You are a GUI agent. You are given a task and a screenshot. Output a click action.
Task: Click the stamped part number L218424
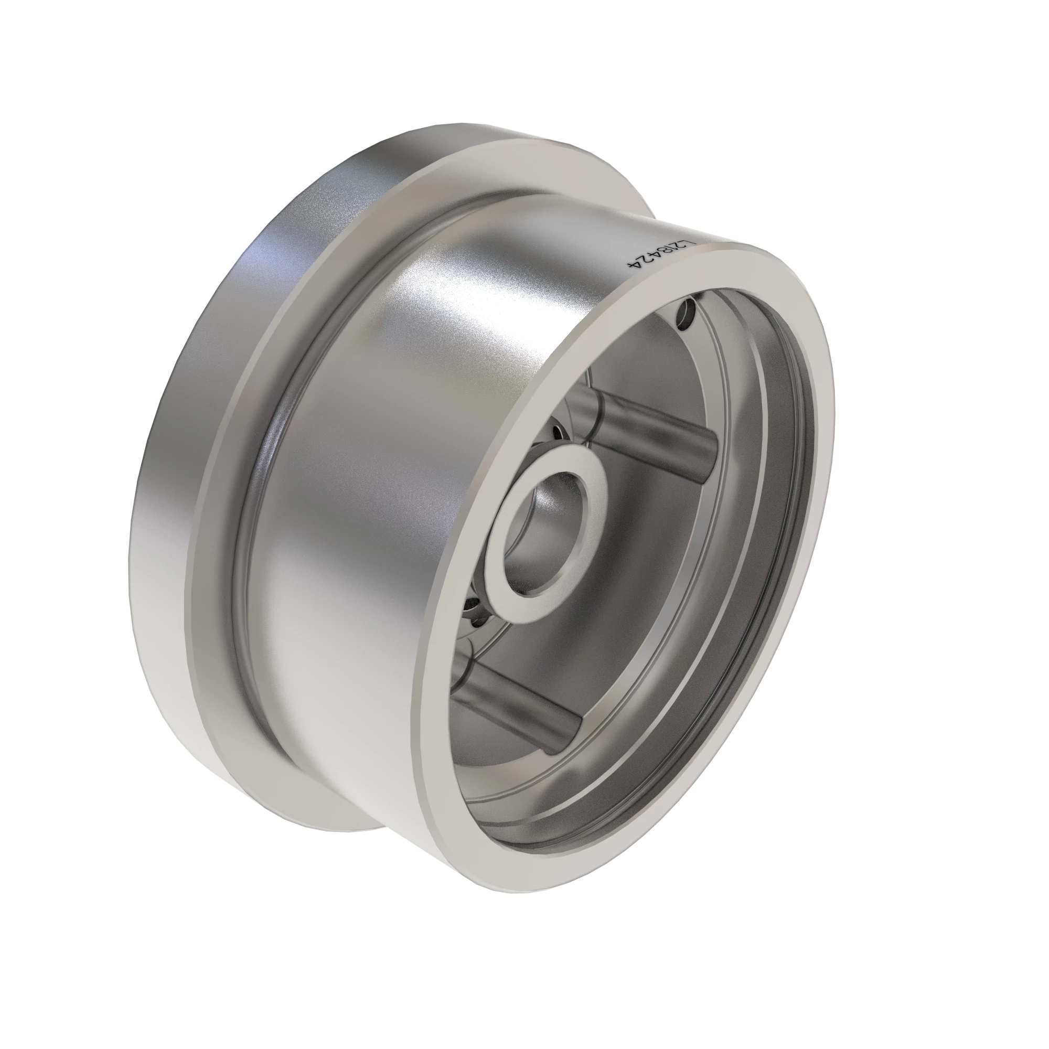[x=661, y=253]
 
